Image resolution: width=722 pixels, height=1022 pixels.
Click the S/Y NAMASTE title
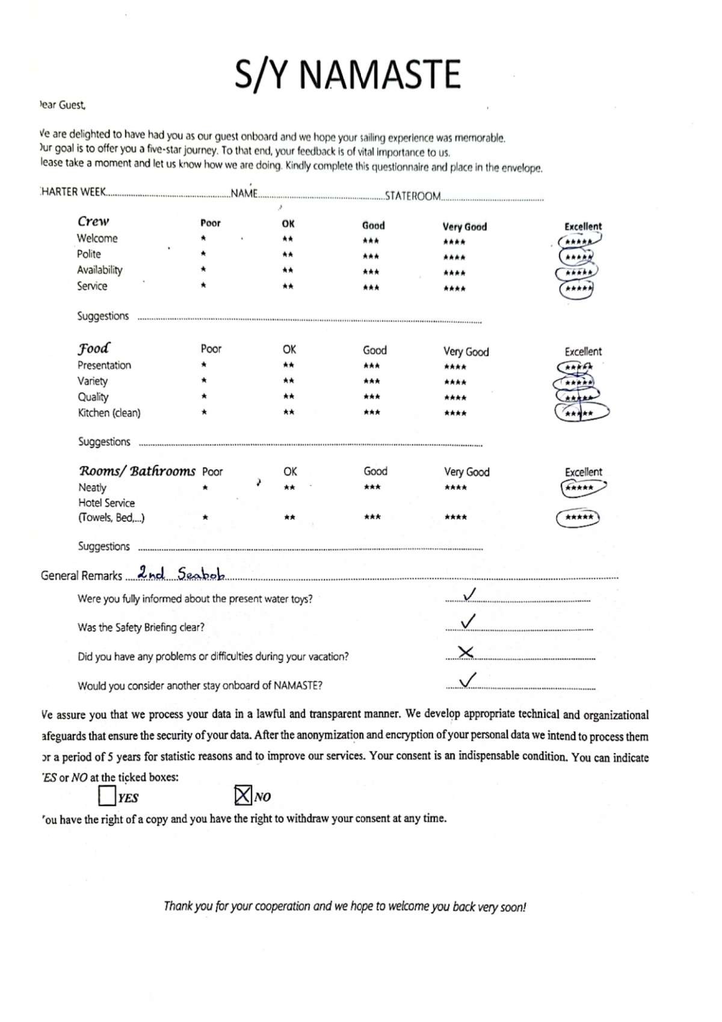point(347,75)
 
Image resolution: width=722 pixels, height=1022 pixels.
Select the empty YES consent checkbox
point(106,796)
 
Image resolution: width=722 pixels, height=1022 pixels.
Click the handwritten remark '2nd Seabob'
point(180,574)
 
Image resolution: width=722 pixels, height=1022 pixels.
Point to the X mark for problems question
point(466,652)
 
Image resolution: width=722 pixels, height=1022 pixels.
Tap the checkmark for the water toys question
point(469,595)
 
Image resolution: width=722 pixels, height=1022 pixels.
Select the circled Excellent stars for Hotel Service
point(579,518)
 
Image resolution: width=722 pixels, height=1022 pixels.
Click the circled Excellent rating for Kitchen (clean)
point(580,413)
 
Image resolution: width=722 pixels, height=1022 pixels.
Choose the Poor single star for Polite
point(204,255)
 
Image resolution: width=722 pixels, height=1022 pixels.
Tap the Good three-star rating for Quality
point(371,397)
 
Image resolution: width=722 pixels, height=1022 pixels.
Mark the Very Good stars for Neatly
point(455,488)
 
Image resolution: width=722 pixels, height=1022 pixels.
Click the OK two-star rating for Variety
point(289,381)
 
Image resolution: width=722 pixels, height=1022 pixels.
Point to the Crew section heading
point(93,221)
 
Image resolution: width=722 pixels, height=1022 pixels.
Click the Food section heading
point(94,348)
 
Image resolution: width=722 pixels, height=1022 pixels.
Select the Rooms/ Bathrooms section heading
point(137,471)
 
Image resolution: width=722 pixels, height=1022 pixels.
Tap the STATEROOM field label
point(413,196)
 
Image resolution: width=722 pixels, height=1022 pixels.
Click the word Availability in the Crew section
point(99,270)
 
